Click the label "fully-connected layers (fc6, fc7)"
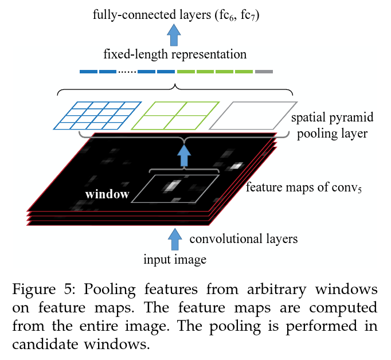(176, 15)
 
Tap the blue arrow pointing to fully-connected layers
(174, 35)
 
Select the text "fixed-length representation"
(175, 54)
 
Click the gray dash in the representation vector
(264, 72)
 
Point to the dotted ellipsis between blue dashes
(127, 72)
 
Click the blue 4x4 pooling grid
(97, 116)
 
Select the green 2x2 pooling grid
(175, 116)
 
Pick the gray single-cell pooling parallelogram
(253, 116)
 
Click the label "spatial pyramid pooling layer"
(333, 126)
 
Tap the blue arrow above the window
(184, 156)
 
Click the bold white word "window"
(107, 194)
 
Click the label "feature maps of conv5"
(304, 187)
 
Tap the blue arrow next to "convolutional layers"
(175, 240)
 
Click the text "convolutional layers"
(244, 239)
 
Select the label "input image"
(175, 260)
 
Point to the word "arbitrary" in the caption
(276, 290)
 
